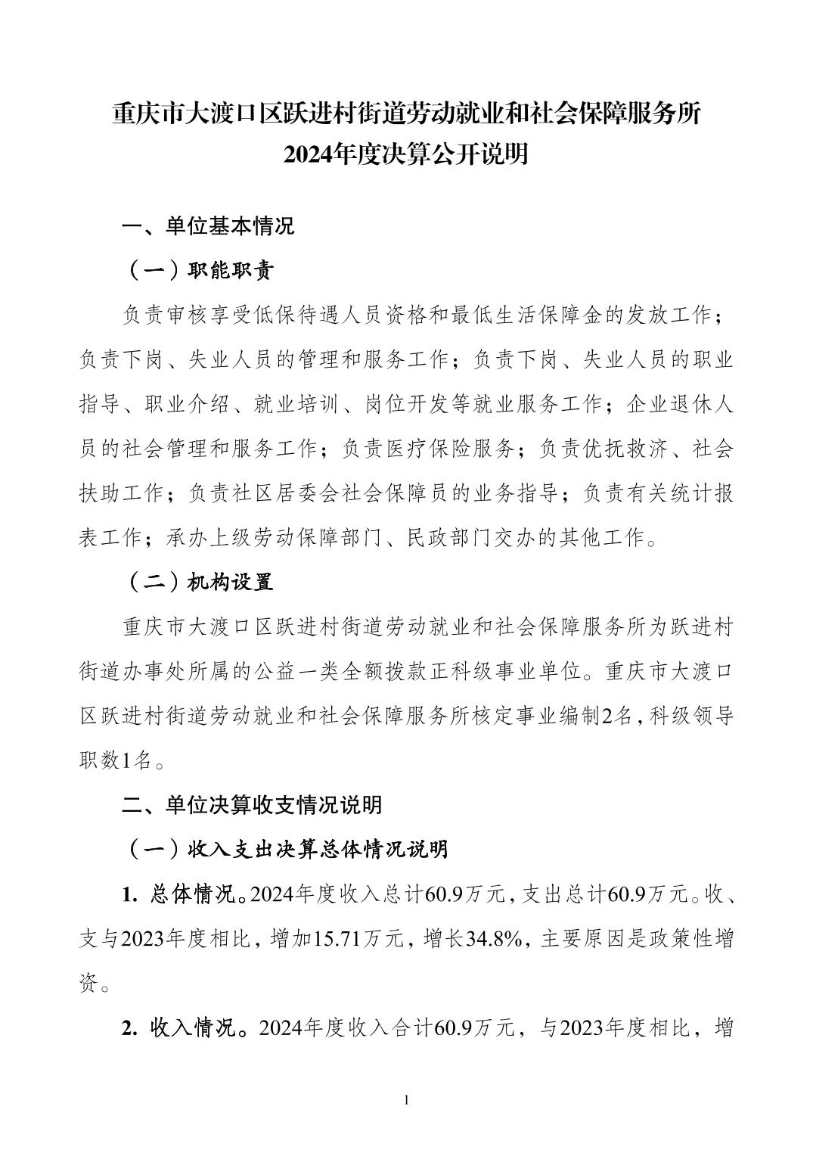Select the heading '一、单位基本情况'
click(x=209, y=226)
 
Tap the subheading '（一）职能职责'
click(x=198, y=270)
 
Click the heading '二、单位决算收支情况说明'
click(x=253, y=804)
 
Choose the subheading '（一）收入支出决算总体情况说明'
click(x=285, y=849)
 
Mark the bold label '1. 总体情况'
click(x=178, y=894)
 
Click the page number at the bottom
click(x=407, y=1099)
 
